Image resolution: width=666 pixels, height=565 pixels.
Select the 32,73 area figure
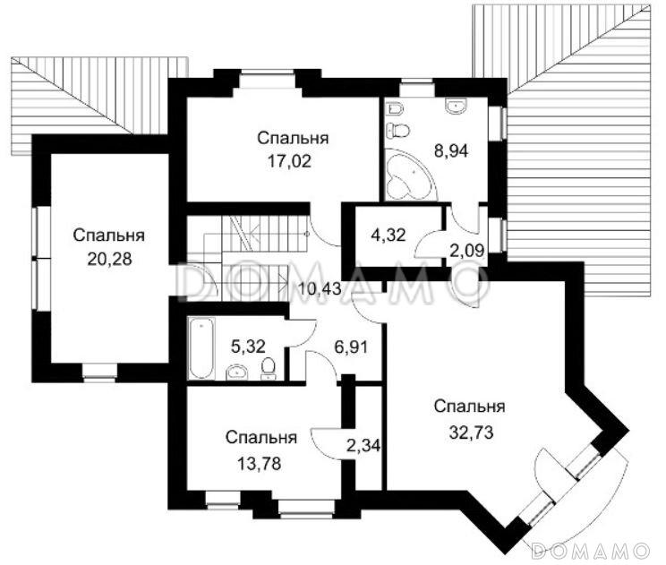(x=469, y=430)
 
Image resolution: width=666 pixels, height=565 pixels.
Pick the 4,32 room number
(x=389, y=235)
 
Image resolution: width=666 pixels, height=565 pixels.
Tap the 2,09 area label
(x=465, y=251)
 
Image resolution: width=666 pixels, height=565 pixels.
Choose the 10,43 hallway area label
(x=318, y=289)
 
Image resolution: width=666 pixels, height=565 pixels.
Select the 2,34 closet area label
(x=363, y=444)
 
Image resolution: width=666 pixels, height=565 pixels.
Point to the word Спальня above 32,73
(x=469, y=407)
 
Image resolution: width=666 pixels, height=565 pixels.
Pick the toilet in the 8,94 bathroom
(x=400, y=131)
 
